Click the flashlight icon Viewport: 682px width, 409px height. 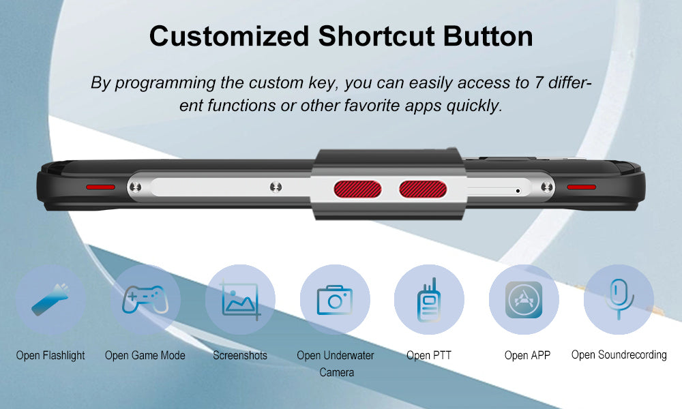(50, 299)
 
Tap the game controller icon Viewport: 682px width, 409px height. (145, 299)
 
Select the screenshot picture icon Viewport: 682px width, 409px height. (241, 300)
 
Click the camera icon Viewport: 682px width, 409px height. (334, 299)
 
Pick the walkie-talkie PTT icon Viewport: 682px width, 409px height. (429, 300)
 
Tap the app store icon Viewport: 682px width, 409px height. (524, 299)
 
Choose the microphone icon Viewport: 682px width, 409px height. (619, 299)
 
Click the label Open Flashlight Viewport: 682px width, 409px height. (50, 356)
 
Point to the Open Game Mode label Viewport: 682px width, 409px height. (145, 356)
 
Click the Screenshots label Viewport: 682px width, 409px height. (240, 356)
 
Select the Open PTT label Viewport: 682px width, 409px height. (429, 356)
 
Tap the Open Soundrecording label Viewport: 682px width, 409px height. (619, 355)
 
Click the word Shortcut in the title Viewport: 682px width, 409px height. (376, 36)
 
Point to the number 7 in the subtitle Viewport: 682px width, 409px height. (539, 82)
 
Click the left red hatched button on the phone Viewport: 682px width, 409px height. (357, 190)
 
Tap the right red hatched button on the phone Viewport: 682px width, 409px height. (423, 190)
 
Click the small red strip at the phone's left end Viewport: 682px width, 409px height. (100, 187)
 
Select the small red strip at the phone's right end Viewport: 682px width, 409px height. (582, 187)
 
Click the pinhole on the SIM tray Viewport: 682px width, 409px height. (518, 191)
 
